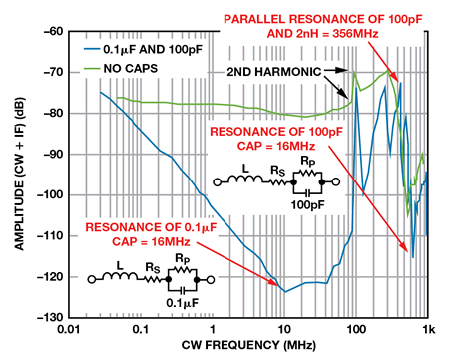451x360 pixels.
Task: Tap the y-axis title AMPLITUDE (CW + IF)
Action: click(15, 175)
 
